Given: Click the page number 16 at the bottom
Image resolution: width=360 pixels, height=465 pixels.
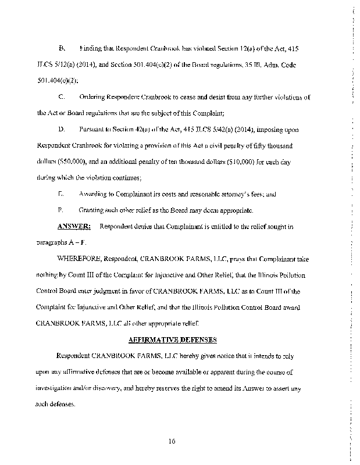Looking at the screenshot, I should click(172, 441).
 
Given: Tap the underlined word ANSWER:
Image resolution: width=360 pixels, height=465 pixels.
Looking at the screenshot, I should click(73, 226).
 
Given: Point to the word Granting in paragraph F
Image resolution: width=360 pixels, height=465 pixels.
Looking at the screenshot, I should click(92, 209).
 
